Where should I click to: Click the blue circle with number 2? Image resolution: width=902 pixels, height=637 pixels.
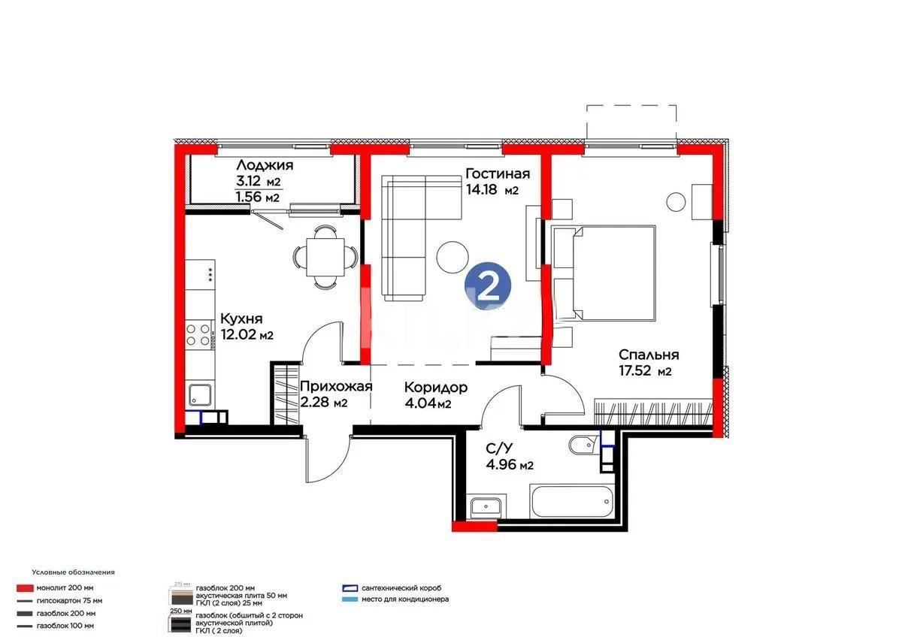point(488,285)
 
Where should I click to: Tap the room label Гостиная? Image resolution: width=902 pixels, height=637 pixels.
point(497,174)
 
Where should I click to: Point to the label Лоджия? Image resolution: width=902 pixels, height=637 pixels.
point(265,165)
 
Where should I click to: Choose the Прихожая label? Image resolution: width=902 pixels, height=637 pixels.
point(335,387)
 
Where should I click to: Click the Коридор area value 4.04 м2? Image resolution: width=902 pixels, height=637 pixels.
point(428,404)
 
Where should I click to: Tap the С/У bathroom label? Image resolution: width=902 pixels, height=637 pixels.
point(500,449)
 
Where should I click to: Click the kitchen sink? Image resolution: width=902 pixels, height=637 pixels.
point(201,394)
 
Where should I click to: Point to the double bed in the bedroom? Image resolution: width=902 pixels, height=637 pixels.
point(605,271)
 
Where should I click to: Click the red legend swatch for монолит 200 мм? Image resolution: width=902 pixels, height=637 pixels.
point(27,588)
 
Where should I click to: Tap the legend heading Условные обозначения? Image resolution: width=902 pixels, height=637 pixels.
point(73,572)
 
